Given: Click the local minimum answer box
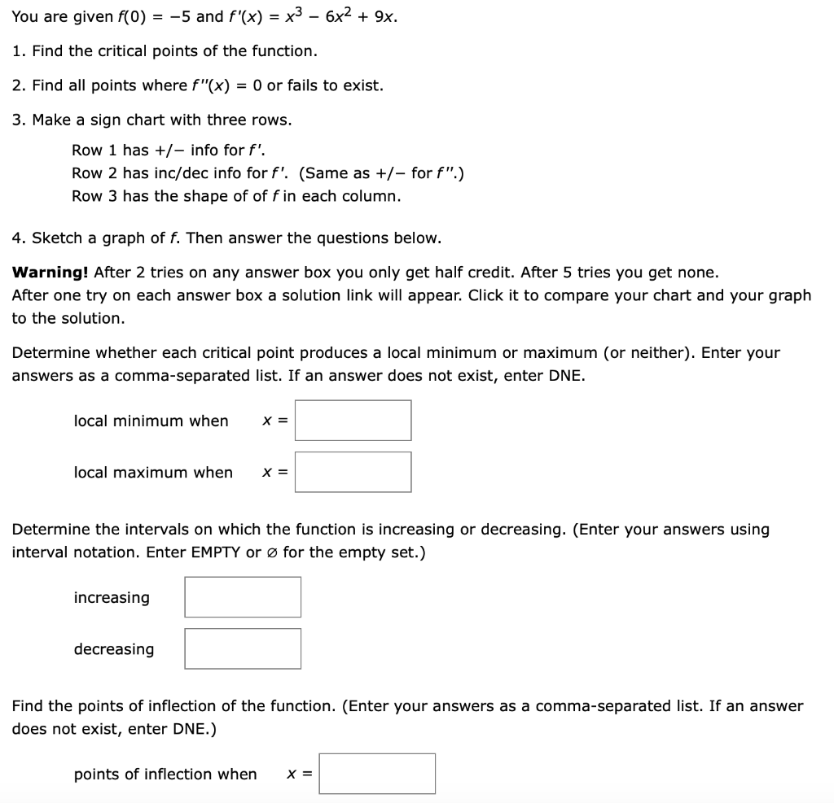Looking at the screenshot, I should pos(353,421).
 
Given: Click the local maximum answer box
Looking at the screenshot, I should pos(353,473).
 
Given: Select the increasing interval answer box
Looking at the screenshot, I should pos(243,597).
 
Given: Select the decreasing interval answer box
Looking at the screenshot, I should pos(243,649).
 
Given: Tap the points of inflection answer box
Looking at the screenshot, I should pos(377,774).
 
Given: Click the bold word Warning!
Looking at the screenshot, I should pos(50,272).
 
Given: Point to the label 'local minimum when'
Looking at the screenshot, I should pos(151,421).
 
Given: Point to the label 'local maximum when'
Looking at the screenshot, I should pos(153,473).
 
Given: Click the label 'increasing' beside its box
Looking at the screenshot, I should pos(112,598).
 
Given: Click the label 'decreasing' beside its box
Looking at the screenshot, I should pos(113,649).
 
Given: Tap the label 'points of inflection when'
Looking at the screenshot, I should pos(165,775).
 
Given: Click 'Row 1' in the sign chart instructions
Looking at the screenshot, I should pos(87,151).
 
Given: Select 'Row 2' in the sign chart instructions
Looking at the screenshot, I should pos(87,173).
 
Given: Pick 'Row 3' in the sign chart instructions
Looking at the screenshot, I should pos(87,197).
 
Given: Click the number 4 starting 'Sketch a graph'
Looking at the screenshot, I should pos(17,238).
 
